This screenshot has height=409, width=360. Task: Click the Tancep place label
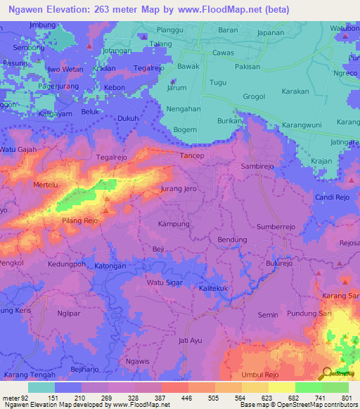[x=192, y=155]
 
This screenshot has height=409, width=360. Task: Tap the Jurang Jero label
[x=178, y=189]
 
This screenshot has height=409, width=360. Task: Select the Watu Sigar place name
[x=162, y=283]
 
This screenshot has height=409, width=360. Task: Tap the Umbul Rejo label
[x=260, y=375]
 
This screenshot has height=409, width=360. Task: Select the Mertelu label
[x=46, y=184]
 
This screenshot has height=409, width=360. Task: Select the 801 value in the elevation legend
[x=345, y=398]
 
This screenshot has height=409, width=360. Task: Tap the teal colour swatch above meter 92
[x=41, y=387]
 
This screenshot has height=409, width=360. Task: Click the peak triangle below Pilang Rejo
[x=105, y=209]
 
